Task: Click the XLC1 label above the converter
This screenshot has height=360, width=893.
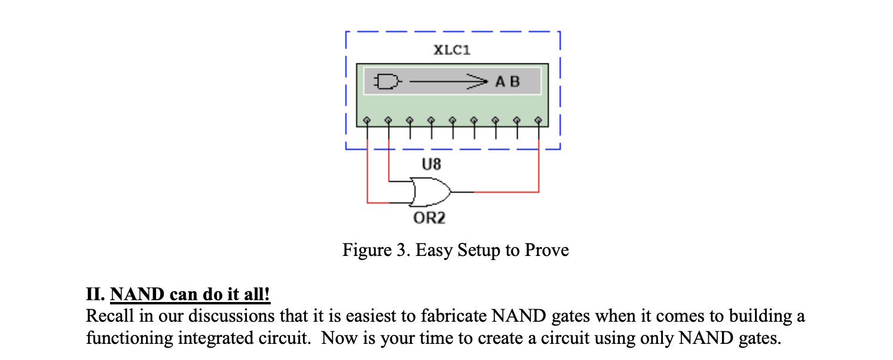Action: click(x=452, y=50)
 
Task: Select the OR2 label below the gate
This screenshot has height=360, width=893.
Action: click(x=429, y=218)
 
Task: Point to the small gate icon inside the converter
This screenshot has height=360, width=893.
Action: click(x=386, y=81)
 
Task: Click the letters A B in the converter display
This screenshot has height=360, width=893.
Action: click(x=507, y=81)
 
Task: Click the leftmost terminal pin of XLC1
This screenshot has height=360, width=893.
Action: click(x=367, y=119)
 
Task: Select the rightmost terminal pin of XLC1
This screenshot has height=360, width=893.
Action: click(x=539, y=119)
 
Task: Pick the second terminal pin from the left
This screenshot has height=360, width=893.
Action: click(x=389, y=119)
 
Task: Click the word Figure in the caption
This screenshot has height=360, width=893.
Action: click(x=363, y=250)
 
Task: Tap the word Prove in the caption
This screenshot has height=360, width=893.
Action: click(x=546, y=250)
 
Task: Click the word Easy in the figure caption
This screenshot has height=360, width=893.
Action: click(x=434, y=250)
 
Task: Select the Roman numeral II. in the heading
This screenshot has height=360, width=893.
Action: click(x=96, y=295)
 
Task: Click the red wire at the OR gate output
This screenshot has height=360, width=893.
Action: click(x=508, y=192)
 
